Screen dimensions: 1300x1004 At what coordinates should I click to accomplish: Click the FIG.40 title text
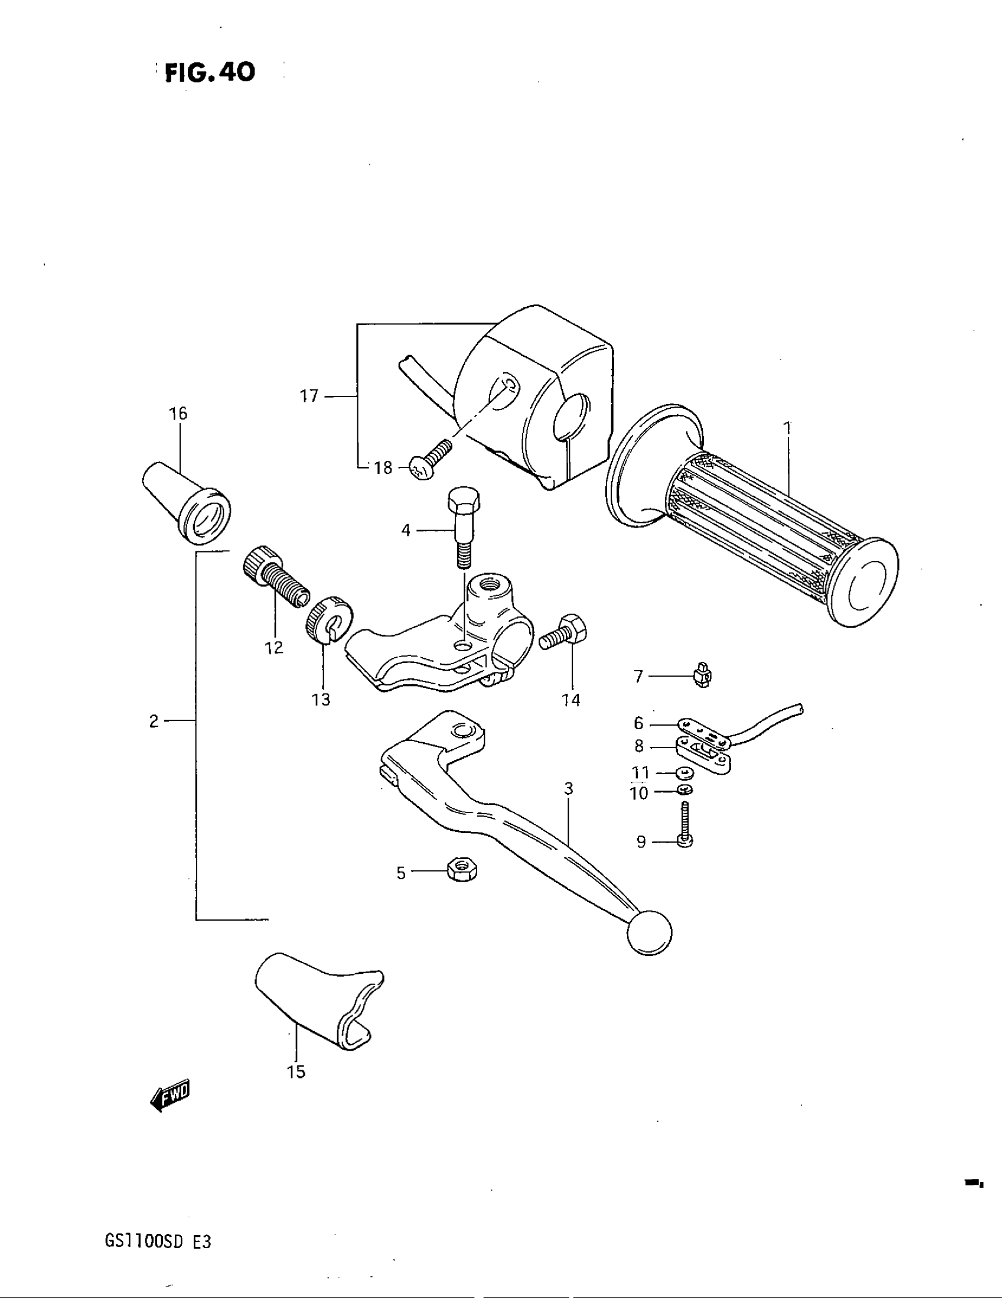pyautogui.click(x=210, y=73)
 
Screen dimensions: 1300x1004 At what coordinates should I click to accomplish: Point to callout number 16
pyautogui.click(x=178, y=413)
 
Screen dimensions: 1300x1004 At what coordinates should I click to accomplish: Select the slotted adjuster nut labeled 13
pyautogui.click(x=329, y=619)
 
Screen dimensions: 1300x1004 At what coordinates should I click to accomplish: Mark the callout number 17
pyautogui.click(x=309, y=396)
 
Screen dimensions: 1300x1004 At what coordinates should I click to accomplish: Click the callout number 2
pyautogui.click(x=154, y=721)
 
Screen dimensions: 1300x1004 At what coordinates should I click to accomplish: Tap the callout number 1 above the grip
pyautogui.click(x=787, y=427)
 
